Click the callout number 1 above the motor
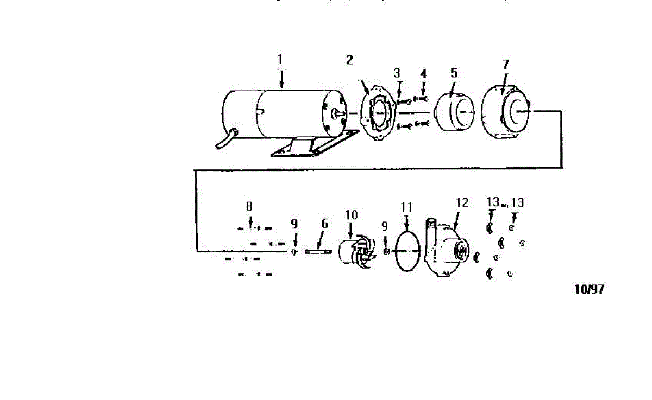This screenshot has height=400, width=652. click(x=280, y=59)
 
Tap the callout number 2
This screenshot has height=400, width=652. click(x=349, y=60)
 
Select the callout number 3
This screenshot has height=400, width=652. click(x=397, y=73)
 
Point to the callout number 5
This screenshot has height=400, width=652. click(x=454, y=72)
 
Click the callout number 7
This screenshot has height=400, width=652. click(x=505, y=64)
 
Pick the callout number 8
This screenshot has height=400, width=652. click(x=249, y=206)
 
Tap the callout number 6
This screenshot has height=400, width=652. click(x=325, y=224)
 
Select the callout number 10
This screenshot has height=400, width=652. click(x=351, y=215)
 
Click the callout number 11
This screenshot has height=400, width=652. click(x=406, y=207)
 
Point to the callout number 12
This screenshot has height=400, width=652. click(x=462, y=203)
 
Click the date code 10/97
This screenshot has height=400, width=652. click(x=589, y=289)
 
